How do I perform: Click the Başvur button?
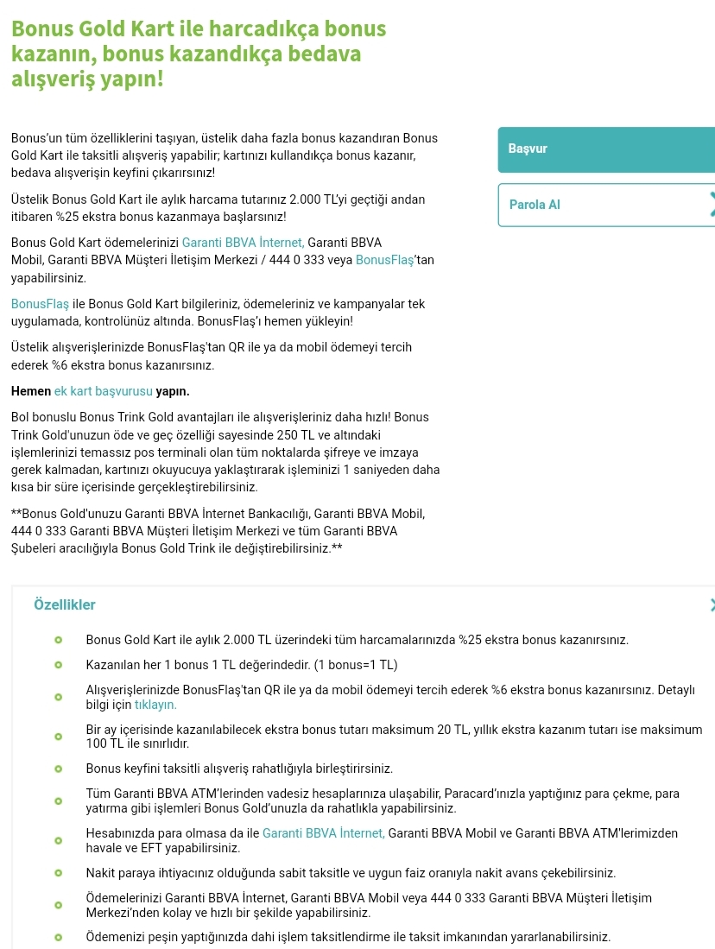604,149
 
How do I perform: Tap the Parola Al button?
604,205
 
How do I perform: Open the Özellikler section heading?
65,605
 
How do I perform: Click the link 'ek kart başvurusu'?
103,391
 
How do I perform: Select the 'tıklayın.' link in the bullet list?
155,705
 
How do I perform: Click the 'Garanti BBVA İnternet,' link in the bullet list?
323,833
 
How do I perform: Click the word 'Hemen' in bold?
31,391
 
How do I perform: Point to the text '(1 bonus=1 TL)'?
356,665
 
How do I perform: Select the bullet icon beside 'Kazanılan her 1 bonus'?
59,665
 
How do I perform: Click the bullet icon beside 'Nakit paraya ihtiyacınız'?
59,873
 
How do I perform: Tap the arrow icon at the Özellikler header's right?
711,605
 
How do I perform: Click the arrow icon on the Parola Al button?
711,205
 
